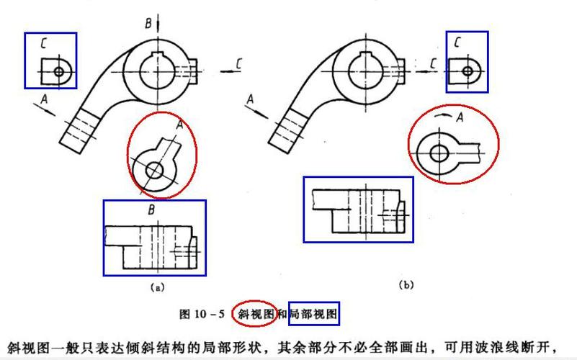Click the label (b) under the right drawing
406,285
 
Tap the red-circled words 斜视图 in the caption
254,313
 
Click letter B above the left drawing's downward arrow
148,24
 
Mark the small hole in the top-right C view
468,71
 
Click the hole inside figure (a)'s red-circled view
154,170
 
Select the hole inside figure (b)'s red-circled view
437,153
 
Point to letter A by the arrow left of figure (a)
44,101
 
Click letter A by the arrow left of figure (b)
250,98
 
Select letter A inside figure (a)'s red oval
179,124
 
